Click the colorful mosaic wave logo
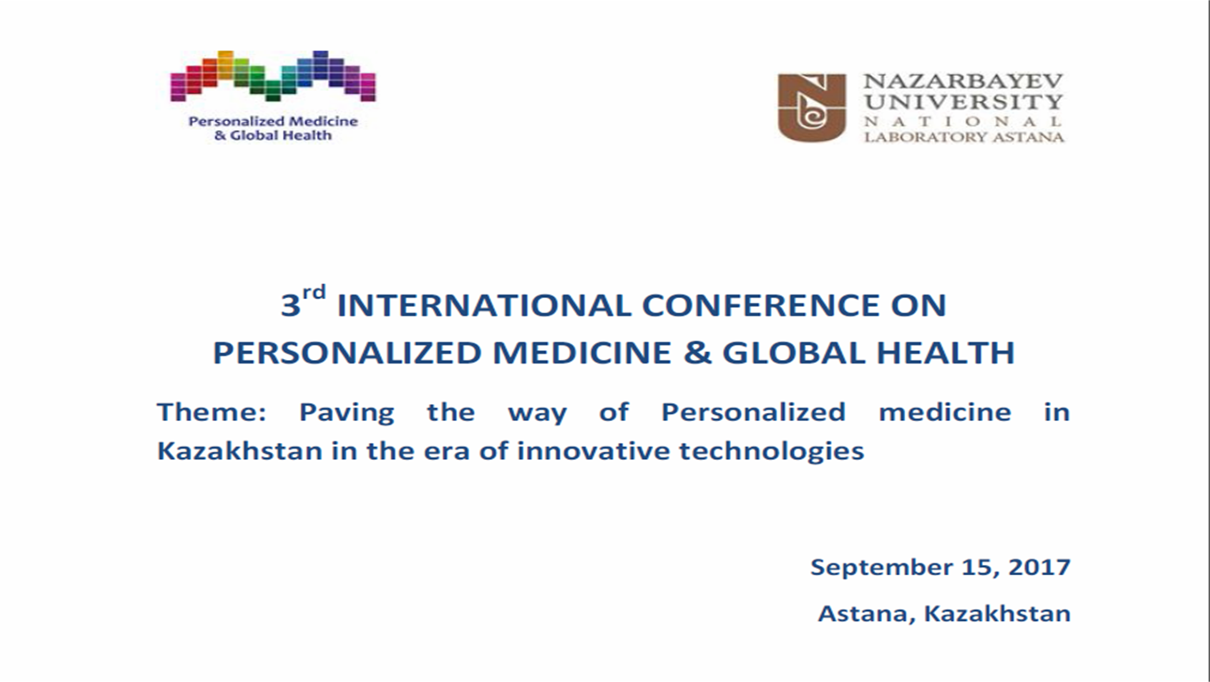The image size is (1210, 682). (x=273, y=76)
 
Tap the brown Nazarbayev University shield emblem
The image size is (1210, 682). (x=811, y=108)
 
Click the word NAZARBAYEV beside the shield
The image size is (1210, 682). (x=963, y=81)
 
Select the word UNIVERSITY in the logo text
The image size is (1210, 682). (x=963, y=101)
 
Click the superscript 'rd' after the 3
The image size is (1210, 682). (x=314, y=293)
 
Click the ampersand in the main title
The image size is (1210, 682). (x=696, y=353)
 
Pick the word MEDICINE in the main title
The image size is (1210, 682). (x=582, y=353)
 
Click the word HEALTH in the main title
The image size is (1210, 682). (x=946, y=353)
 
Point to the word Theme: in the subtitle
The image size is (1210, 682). (x=212, y=412)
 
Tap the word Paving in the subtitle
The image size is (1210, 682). (x=346, y=413)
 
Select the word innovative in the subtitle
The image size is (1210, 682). (x=593, y=451)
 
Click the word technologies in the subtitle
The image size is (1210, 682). (x=772, y=452)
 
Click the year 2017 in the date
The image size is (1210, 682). (x=1039, y=567)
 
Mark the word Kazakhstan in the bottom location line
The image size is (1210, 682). (x=997, y=613)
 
